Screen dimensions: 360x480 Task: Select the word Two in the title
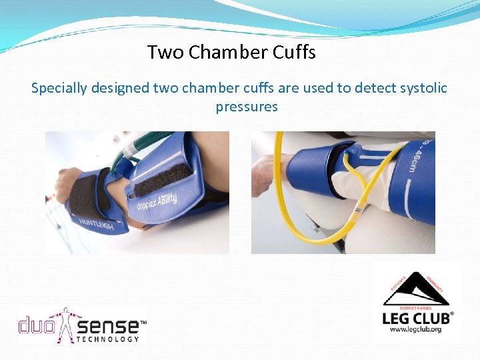(x=165, y=52)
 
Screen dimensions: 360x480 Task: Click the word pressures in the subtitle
(x=247, y=107)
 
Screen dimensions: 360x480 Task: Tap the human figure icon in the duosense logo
(x=66, y=324)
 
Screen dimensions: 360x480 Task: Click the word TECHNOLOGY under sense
(x=109, y=339)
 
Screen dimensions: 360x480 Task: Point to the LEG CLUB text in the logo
(x=417, y=317)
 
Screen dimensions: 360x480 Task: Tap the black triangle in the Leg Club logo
(x=417, y=289)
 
